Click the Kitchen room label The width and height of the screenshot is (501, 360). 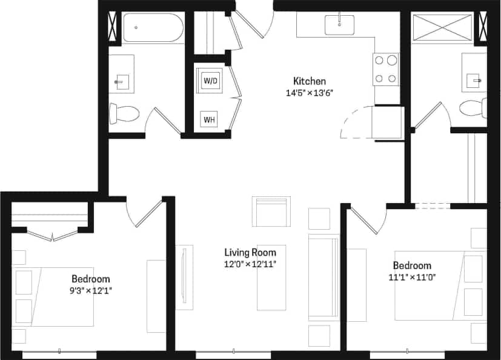(x=310, y=81)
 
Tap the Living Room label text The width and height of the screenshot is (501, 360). (x=250, y=253)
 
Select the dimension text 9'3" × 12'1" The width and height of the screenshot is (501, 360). (x=91, y=290)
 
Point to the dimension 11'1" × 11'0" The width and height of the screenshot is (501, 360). (x=412, y=277)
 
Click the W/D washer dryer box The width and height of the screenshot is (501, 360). (x=210, y=80)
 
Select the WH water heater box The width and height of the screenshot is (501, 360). (x=210, y=119)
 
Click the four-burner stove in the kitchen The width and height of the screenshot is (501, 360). (x=387, y=69)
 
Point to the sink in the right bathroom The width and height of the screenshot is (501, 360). (x=474, y=78)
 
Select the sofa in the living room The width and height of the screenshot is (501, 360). (x=323, y=277)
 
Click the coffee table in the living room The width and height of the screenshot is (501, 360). (x=271, y=277)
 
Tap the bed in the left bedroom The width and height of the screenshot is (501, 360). (x=58, y=297)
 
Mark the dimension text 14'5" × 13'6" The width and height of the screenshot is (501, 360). (x=310, y=93)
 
